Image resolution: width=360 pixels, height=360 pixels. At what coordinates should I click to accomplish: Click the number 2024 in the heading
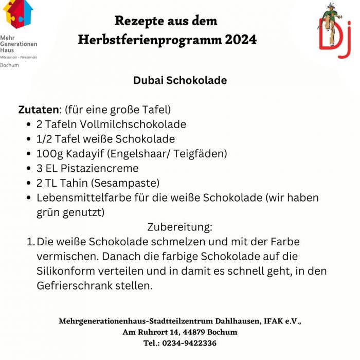pyautogui.click(x=240, y=40)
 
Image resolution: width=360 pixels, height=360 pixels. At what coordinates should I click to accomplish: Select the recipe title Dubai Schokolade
pyautogui.click(x=179, y=81)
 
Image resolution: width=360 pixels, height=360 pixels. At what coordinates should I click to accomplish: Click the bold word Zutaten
pyautogui.click(x=38, y=110)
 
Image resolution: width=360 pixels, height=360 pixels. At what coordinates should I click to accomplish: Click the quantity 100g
pyautogui.click(x=48, y=154)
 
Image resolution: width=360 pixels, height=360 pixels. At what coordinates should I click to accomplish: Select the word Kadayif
pyautogui.click(x=84, y=154)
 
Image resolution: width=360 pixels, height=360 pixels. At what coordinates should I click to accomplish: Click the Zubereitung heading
pyautogui.click(x=179, y=227)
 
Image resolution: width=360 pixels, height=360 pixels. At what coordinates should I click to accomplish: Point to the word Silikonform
pyautogui.click(x=64, y=271)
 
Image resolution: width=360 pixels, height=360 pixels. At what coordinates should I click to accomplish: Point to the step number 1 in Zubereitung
pyautogui.click(x=30, y=242)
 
